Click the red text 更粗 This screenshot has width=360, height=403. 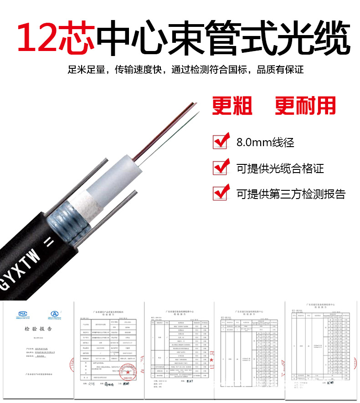[232, 105]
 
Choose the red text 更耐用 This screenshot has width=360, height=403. [306, 105]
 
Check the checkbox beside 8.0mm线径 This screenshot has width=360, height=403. [221, 141]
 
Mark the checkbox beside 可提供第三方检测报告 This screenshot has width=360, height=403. [221, 193]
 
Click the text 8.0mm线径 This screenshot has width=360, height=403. [265, 142]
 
